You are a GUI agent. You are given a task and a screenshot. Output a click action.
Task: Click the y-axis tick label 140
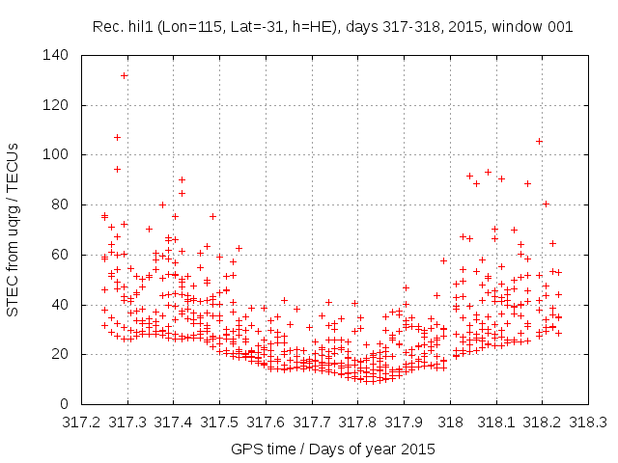click(56, 56)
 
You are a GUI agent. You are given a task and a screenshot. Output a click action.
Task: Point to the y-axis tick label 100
click(56, 155)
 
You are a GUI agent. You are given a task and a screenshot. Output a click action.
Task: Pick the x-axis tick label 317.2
click(81, 422)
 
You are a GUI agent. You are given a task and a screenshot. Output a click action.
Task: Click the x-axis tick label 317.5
click(219, 422)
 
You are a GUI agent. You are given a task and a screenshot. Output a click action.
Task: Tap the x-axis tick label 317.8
click(358, 422)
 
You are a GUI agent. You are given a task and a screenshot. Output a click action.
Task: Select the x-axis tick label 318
click(450, 422)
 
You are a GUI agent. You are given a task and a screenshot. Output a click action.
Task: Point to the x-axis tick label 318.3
click(589, 422)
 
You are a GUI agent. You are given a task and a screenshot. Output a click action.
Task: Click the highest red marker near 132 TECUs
click(125, 75)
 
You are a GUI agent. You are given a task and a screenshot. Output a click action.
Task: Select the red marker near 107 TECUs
click(117, 137)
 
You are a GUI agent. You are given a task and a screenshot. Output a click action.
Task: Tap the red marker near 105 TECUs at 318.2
click(539, 141)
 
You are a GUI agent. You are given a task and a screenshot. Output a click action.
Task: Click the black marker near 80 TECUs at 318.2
click(546, 204)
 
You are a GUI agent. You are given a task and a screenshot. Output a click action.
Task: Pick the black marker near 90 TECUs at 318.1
click(501, 178)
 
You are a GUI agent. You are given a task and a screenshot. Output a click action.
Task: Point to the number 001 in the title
click(559, 27)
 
